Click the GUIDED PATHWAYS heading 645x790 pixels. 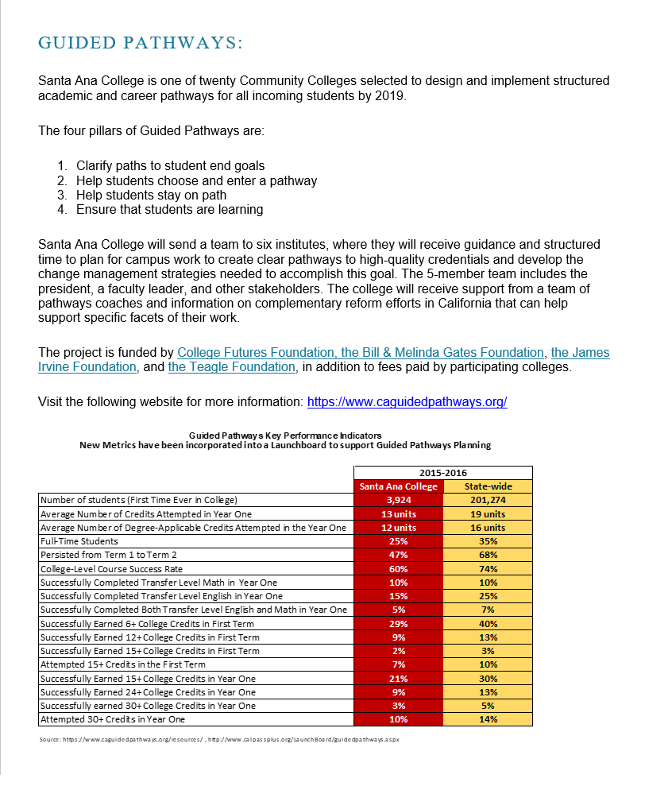(x=140, y=43)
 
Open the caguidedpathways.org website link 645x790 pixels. (x=407, y=402)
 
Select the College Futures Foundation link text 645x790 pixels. (x=256, y=352)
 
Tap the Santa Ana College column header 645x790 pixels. (x=398, y=486)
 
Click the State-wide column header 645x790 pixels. (x=488, y=486)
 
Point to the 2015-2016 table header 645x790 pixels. (x=443, y=473)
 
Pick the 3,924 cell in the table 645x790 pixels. (x=398, y=500)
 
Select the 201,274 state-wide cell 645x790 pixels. (x=488, y=500)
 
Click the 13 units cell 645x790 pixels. (x=398, y=513)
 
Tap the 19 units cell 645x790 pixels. (x=488, y=513)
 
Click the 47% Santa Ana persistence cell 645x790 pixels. (x=398, y=555)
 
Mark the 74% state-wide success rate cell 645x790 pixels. (x=488, y=569)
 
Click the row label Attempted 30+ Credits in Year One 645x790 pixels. (x=112, y=719)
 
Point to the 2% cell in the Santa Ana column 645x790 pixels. (x=398, y=651)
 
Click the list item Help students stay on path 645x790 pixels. (x=151, y=196)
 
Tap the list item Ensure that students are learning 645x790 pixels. (x=169, y=210)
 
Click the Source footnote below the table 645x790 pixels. (x=219, y=739)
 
